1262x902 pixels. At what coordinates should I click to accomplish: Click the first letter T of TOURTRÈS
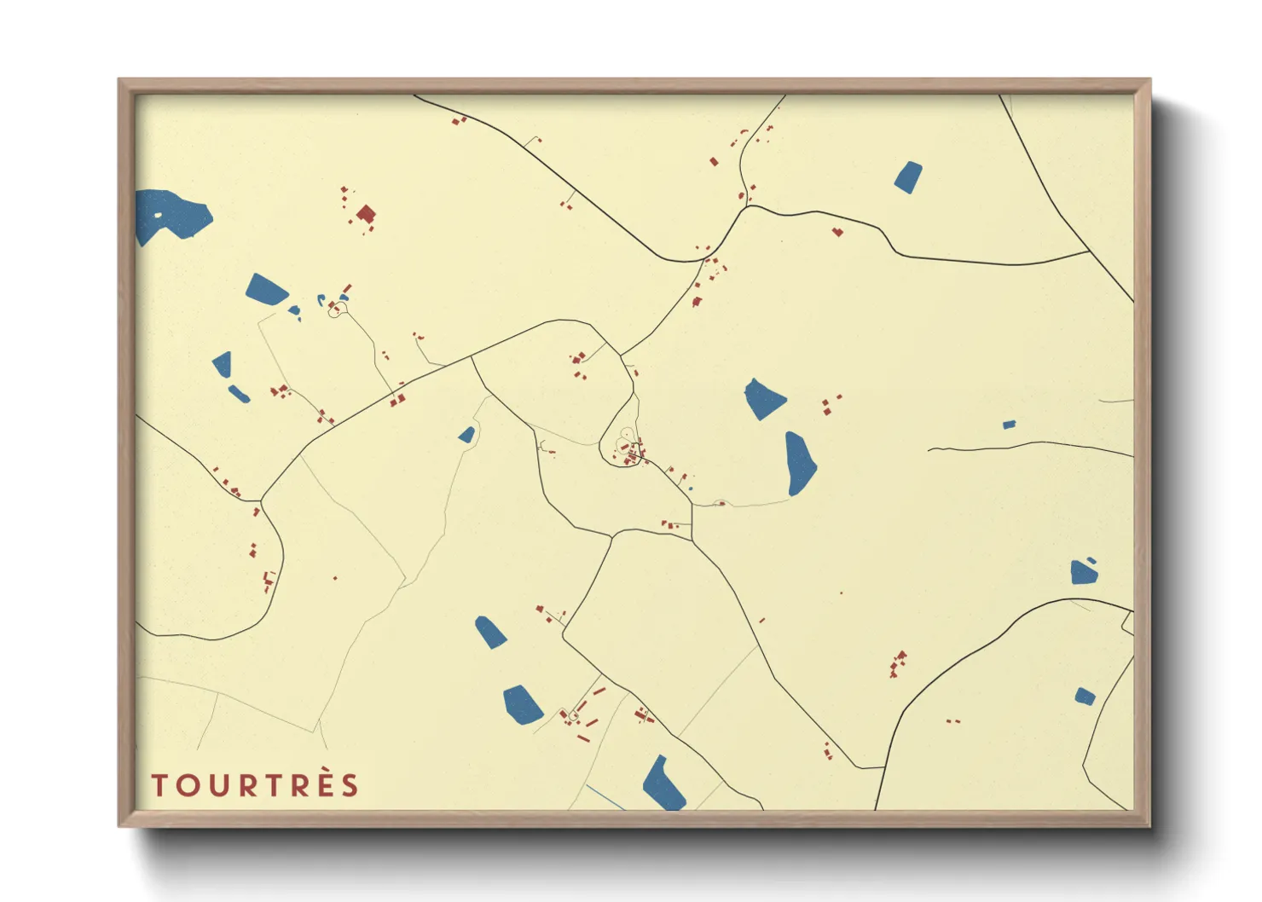(159, 785)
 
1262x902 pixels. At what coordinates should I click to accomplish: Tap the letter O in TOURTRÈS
(188, 785)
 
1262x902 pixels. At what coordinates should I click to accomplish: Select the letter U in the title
(217, 785)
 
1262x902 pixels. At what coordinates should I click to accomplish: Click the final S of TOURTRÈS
(350, 785)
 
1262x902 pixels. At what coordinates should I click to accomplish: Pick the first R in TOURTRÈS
(247, 785)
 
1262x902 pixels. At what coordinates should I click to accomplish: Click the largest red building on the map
(366, 213)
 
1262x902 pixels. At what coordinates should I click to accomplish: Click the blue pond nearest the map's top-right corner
(908, 176)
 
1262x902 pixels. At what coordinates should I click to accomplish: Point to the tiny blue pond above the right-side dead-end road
(1009, 425)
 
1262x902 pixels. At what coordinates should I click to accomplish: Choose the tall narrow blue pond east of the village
(800, 463)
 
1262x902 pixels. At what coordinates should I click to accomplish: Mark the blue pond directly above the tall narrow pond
(764, 399)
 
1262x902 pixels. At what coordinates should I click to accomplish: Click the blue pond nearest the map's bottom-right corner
(1085, 697)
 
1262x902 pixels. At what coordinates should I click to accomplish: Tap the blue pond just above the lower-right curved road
(1084, 571)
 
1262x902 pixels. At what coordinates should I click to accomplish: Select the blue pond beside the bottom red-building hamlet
(522, 704)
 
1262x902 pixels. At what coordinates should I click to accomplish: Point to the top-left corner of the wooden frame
(119, 80)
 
